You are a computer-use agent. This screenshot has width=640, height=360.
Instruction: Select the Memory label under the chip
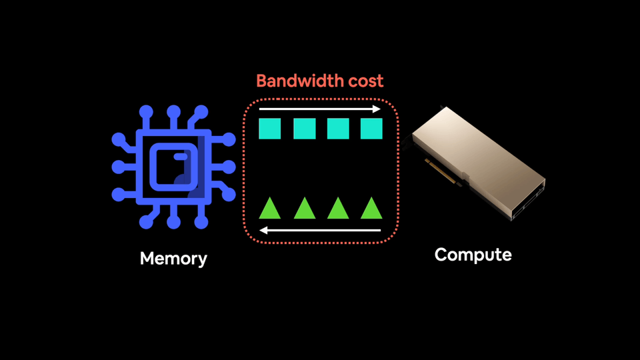173,259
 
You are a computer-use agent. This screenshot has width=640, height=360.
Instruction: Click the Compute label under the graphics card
473,255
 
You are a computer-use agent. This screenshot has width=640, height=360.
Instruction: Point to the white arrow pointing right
319,109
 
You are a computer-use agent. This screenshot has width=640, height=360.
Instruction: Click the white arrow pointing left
319,231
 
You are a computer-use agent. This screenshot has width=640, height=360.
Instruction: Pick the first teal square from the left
270,129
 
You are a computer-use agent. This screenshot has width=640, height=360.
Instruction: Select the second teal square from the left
304,129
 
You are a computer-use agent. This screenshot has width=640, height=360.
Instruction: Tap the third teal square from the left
338,129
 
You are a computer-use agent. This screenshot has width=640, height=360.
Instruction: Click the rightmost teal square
371,129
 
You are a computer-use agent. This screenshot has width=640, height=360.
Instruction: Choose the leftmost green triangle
270,209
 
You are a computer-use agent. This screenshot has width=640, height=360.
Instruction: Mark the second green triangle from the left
304,209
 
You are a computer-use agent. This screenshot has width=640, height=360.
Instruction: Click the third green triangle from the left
338,209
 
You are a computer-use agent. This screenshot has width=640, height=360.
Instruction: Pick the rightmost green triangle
371,209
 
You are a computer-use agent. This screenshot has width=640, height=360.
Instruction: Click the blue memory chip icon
173,167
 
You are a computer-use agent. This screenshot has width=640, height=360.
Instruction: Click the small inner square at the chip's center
173,167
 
